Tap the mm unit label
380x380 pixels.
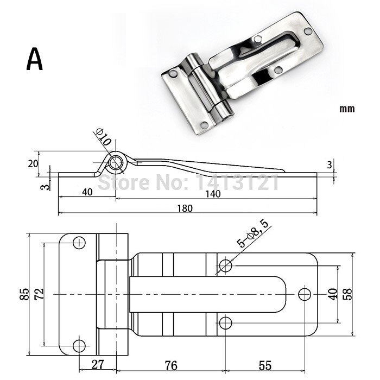coord(347,109)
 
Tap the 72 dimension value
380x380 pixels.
coord(39,294)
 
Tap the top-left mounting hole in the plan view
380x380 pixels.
coord(79,243)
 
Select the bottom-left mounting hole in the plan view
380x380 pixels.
coord(79,345)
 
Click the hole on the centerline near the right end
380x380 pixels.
coord(305,294)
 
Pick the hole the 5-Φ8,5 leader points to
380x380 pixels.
coord(225,265)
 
